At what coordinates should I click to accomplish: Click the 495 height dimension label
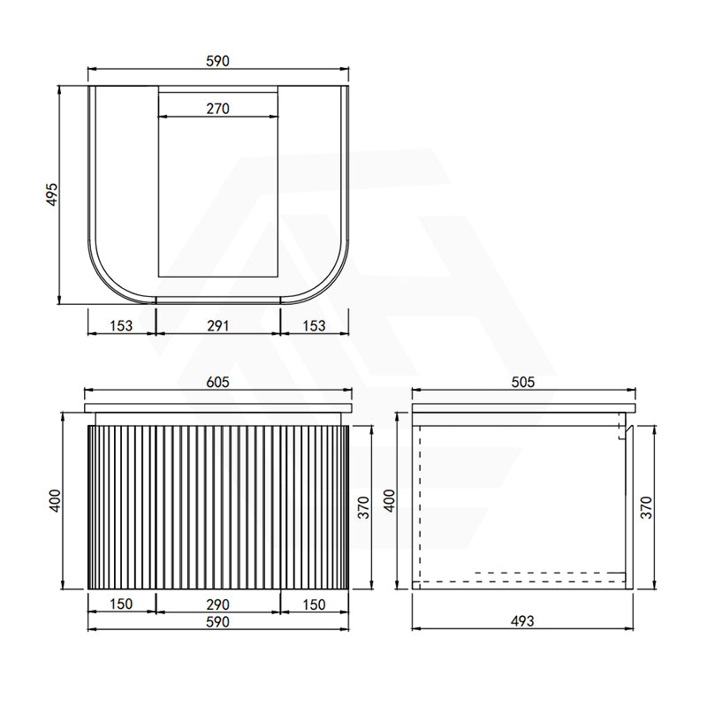(x=52, y=194)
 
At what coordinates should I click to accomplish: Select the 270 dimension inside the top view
(x=217, y=109)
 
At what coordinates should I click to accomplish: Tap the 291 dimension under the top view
(x=217, y=325)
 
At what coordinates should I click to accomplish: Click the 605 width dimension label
(x=217, y=382)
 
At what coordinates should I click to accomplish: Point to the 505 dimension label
(x=523, y=382)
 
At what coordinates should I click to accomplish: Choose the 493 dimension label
(x=522, y=621)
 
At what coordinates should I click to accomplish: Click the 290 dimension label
(x=217, y=604)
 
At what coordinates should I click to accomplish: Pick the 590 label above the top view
(x=217, y=61)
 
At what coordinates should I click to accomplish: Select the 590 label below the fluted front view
(x=217, y=622)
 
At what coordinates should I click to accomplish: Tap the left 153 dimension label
(x=121, y=325)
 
